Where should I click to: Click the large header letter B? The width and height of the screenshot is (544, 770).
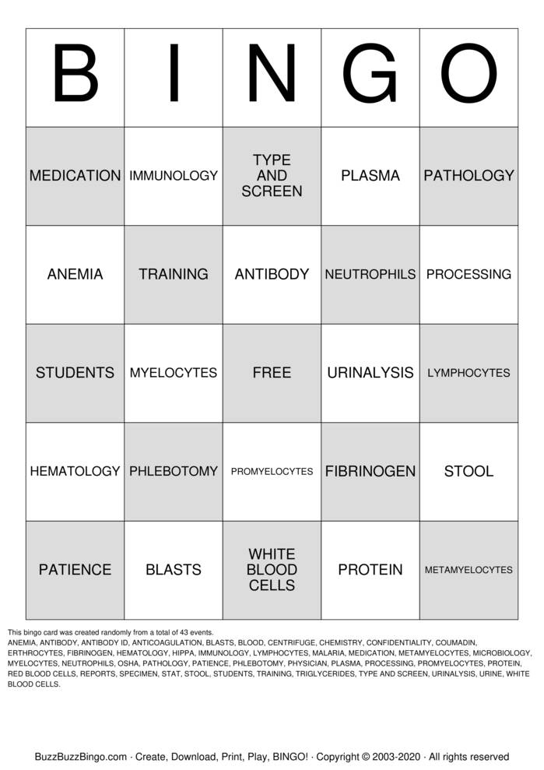75,77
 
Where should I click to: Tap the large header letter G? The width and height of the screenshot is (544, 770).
370,77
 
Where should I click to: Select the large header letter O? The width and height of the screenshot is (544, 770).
469,77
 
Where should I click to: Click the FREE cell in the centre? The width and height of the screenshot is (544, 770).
272,373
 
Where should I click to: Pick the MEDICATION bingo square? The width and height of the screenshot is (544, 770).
75,176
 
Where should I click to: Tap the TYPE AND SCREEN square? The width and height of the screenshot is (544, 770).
272,176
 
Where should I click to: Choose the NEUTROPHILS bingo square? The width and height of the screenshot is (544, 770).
370,274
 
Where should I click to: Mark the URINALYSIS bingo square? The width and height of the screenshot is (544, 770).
370,373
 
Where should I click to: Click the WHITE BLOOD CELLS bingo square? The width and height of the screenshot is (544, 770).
272,570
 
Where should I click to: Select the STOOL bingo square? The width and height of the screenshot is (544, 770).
469,471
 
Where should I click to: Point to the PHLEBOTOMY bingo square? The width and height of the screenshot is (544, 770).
174,471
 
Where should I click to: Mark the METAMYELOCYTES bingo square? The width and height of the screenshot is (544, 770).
469,570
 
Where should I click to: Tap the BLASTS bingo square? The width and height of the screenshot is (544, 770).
174,570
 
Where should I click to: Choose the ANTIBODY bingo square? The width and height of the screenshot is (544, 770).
272,274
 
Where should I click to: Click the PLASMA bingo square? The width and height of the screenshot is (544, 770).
370,176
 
